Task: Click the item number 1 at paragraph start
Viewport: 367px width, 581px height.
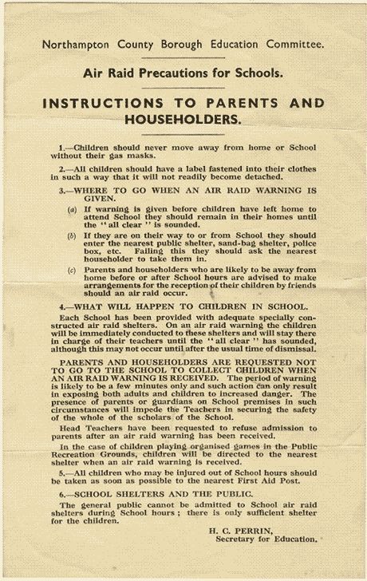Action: [x=84, y=148]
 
